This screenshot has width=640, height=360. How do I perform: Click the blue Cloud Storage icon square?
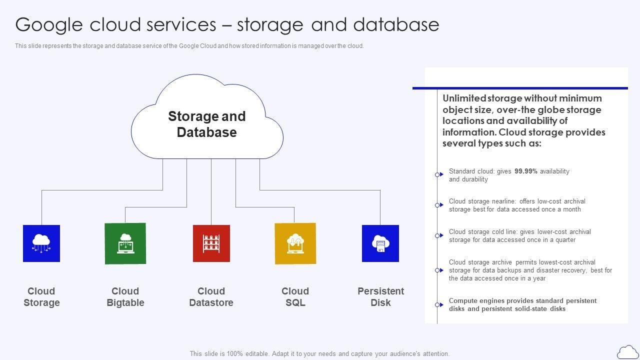click(x=41, y=243)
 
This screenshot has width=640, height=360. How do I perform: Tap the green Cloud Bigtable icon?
click(x=125, y=243)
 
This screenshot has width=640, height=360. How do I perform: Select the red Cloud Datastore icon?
click(x=211, y=243)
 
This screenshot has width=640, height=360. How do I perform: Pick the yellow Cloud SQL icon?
click(x=295, y=243)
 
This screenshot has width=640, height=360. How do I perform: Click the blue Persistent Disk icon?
click(x=380, y=243)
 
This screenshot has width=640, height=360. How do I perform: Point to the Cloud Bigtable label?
click(x=125, y=297)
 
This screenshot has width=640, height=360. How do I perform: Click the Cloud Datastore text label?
click(x=211, y=297)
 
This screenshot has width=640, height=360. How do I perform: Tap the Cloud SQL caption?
click(x=295, y=297)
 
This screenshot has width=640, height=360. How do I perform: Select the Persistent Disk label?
click(x=380, y=297)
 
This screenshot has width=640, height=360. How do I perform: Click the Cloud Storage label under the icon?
click(x=41, y=297)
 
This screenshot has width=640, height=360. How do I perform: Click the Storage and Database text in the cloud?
click(x=207, y=124)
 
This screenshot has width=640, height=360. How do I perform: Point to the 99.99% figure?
click(x=526, y=171)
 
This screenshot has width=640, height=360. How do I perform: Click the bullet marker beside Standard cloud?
click(x=438, y=174)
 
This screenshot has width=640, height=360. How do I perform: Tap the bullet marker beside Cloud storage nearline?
click(x=438, y=205)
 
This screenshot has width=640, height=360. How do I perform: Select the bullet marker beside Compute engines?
click(x=438, y=304)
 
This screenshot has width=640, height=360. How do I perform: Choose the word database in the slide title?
click(x=396, y=24)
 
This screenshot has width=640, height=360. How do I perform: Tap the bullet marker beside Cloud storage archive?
click(x=438, y=270)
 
